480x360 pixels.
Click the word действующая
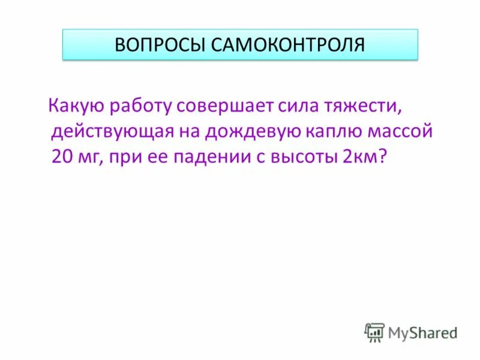pos(112,131)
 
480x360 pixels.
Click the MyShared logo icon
pos(374,331)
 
